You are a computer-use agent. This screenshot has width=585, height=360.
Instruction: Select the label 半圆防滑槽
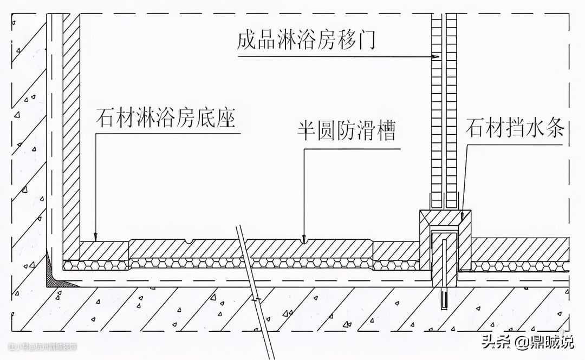tap(346, 132)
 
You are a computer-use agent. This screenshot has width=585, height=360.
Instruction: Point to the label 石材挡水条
tap(515, 129)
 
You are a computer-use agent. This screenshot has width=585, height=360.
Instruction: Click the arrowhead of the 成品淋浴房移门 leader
tap(434, 56)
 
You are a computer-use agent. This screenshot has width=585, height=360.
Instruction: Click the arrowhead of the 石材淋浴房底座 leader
tap(96, 238)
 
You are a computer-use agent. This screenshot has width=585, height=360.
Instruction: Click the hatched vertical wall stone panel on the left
tap(71, 135)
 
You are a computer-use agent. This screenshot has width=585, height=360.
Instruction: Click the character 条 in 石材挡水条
tap(554, 129)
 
